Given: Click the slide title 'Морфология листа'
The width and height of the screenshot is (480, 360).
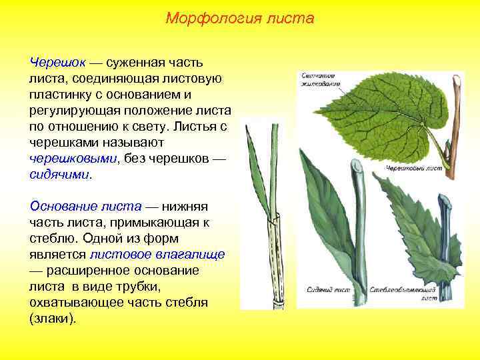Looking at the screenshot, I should tap(239, 18).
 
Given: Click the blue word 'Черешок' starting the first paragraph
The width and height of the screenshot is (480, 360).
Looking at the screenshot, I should tap(57, 62).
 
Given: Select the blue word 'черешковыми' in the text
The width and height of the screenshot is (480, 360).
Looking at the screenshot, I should tap(72, 159).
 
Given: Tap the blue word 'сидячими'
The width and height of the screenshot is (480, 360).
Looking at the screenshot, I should tap(58, 175).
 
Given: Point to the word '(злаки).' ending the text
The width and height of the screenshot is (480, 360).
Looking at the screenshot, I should tap(53, 319).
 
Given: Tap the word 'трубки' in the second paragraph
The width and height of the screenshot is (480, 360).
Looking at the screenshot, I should tap(136, 286).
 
